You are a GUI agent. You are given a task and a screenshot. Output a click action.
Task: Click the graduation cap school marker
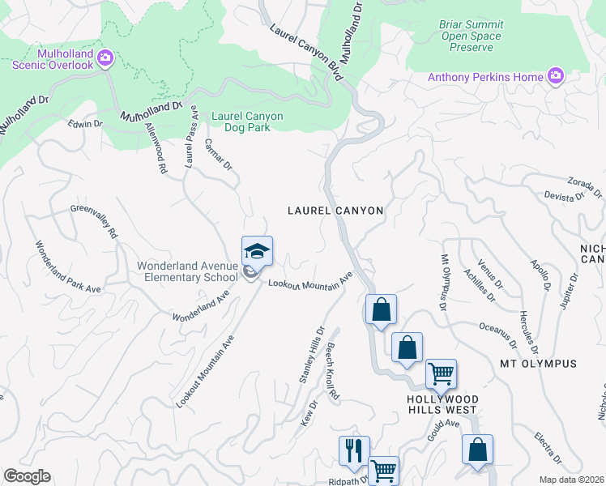[x=257, y=251]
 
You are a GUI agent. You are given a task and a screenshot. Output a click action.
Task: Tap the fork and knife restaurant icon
[x=353, y=451]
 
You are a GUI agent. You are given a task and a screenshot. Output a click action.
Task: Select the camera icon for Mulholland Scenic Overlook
[x=105, y=58]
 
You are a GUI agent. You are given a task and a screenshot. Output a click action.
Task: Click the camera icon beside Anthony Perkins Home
[x=556, y=77]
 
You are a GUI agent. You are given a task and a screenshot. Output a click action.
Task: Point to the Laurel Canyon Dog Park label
[x=247, y=122]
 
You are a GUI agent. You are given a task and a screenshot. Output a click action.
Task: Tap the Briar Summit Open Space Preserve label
[x=471, y=36]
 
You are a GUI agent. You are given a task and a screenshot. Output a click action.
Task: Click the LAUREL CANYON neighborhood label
[x=335, y=210]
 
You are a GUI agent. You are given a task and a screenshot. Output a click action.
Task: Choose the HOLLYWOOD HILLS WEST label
[x=442, y=405]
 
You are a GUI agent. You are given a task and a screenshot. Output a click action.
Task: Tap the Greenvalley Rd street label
[x=95, y=220]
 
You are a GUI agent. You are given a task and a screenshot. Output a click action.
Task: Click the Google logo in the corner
[x=27, y=476]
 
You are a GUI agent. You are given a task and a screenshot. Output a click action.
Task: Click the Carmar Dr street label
[x=218, y=154]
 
